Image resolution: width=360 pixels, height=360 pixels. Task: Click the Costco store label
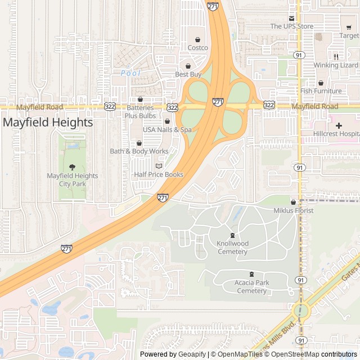pos(197,48)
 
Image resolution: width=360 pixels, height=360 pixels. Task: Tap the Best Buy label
pos(188,74)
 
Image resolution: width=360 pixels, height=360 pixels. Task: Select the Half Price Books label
pos(159,174)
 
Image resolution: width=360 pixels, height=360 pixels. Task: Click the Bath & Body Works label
pos(139,151)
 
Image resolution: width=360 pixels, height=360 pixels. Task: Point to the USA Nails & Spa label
pos(167,129)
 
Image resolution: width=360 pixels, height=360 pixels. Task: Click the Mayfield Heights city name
pos(48,122)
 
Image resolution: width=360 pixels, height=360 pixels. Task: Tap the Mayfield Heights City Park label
pos(72,179)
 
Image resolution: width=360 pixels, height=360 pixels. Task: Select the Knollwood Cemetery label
pos(232,247)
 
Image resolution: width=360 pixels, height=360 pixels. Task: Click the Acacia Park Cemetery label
pos(251,287)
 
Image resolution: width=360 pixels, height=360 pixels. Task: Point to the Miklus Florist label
pos(293,210)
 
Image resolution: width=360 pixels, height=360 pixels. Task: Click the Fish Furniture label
pos(321,91)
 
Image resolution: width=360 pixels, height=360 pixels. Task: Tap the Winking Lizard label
pos(336,65)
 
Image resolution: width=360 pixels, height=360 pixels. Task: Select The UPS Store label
pos(291,26)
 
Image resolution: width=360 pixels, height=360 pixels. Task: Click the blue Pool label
pos(130,73)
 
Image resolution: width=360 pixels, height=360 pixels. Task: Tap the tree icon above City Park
pos(72,167)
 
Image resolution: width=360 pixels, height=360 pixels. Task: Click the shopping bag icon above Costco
pos(197,39)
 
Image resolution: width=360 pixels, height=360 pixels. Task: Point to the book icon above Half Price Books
pos(159,166)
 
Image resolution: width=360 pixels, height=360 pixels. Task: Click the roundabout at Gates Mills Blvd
pos(301,310)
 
